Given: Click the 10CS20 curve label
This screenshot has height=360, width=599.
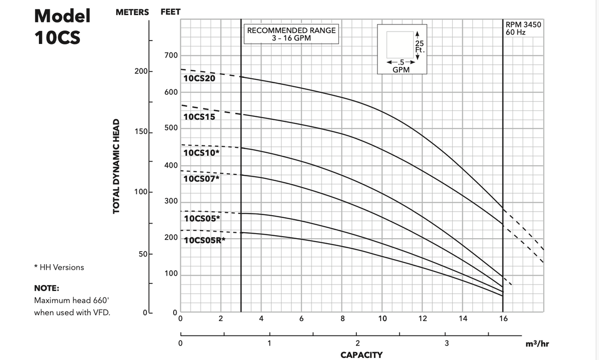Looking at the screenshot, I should click(x=199, y=78).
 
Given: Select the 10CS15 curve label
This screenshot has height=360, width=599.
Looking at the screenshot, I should click(x=199, y=117).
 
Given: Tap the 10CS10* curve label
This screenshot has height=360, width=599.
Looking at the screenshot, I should click(x=201, y=153).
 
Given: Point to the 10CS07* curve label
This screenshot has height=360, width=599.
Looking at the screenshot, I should click(x=201, y=178).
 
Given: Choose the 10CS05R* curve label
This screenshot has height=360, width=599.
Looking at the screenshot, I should click(x=205, y=240).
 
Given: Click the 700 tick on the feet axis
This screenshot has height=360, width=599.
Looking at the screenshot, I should click(x=171, y=55).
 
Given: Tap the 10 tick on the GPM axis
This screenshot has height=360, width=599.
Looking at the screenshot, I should click(x=382, y=319).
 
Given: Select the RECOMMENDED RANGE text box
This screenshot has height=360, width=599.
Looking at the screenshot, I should click(x=292, y=33).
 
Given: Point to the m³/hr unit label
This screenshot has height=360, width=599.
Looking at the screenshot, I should click(x=538, y=344).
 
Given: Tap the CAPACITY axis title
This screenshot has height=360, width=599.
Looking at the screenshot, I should click(x=361, y=355).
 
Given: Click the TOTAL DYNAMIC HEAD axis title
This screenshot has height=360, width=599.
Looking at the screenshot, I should click(x=117, y=166).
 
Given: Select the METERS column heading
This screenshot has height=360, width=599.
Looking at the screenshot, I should click(x=132, y=12).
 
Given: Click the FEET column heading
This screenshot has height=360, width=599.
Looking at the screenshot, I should click(x=171, y=12).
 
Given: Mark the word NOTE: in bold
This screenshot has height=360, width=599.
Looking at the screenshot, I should click(x=46, y=288).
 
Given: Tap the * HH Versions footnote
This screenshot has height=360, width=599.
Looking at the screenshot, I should click(x=59, y=267).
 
